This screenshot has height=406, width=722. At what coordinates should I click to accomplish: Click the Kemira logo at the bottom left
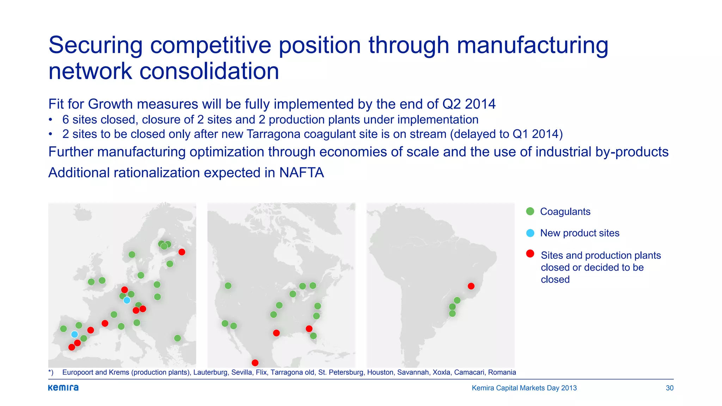pos(63,388)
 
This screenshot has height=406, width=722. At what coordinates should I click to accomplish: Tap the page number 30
pos(669,388)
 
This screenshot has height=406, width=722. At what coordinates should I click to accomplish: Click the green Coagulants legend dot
pos(530,211)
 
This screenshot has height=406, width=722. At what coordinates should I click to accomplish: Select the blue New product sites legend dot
pos(530,233)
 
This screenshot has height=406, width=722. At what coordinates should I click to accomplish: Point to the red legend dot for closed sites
pos(530,254)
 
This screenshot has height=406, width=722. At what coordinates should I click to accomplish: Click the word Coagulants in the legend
pos(565,211)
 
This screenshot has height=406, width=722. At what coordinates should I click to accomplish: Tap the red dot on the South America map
pos(471,286)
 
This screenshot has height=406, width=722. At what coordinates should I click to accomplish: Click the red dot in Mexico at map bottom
pos(255,363)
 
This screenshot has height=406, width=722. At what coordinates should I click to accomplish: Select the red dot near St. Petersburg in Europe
pos(182,252)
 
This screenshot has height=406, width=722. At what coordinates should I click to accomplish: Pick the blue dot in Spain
pos(74,334)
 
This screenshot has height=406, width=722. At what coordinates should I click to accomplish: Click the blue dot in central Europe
pos(127,300)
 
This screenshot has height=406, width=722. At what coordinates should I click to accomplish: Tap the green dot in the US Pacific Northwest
pos(228,285)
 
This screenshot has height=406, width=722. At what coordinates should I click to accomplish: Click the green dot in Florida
pos(313,336)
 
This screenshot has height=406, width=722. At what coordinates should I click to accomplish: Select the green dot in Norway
pos(132,254)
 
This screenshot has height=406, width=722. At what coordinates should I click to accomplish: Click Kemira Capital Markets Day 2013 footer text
pos(524,388)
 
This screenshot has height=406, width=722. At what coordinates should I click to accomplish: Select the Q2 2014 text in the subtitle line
pos(469,104)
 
